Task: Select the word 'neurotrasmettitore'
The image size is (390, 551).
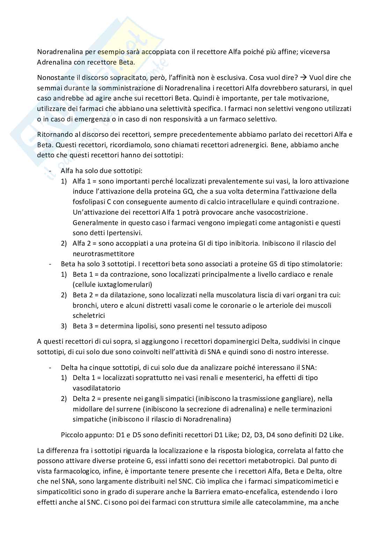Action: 103,254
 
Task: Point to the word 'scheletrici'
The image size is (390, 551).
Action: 89,315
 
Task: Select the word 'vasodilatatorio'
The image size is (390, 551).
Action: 96,388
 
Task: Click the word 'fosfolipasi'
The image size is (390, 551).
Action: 88,202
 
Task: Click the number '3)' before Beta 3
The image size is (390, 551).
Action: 64,326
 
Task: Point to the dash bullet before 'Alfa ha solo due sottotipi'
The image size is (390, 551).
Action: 51,171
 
